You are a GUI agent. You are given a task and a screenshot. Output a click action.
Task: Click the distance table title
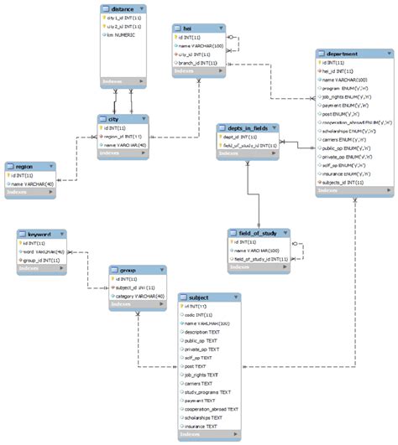coord(123,8)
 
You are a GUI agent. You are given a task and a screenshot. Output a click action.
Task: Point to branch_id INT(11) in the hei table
coord(198,62)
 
